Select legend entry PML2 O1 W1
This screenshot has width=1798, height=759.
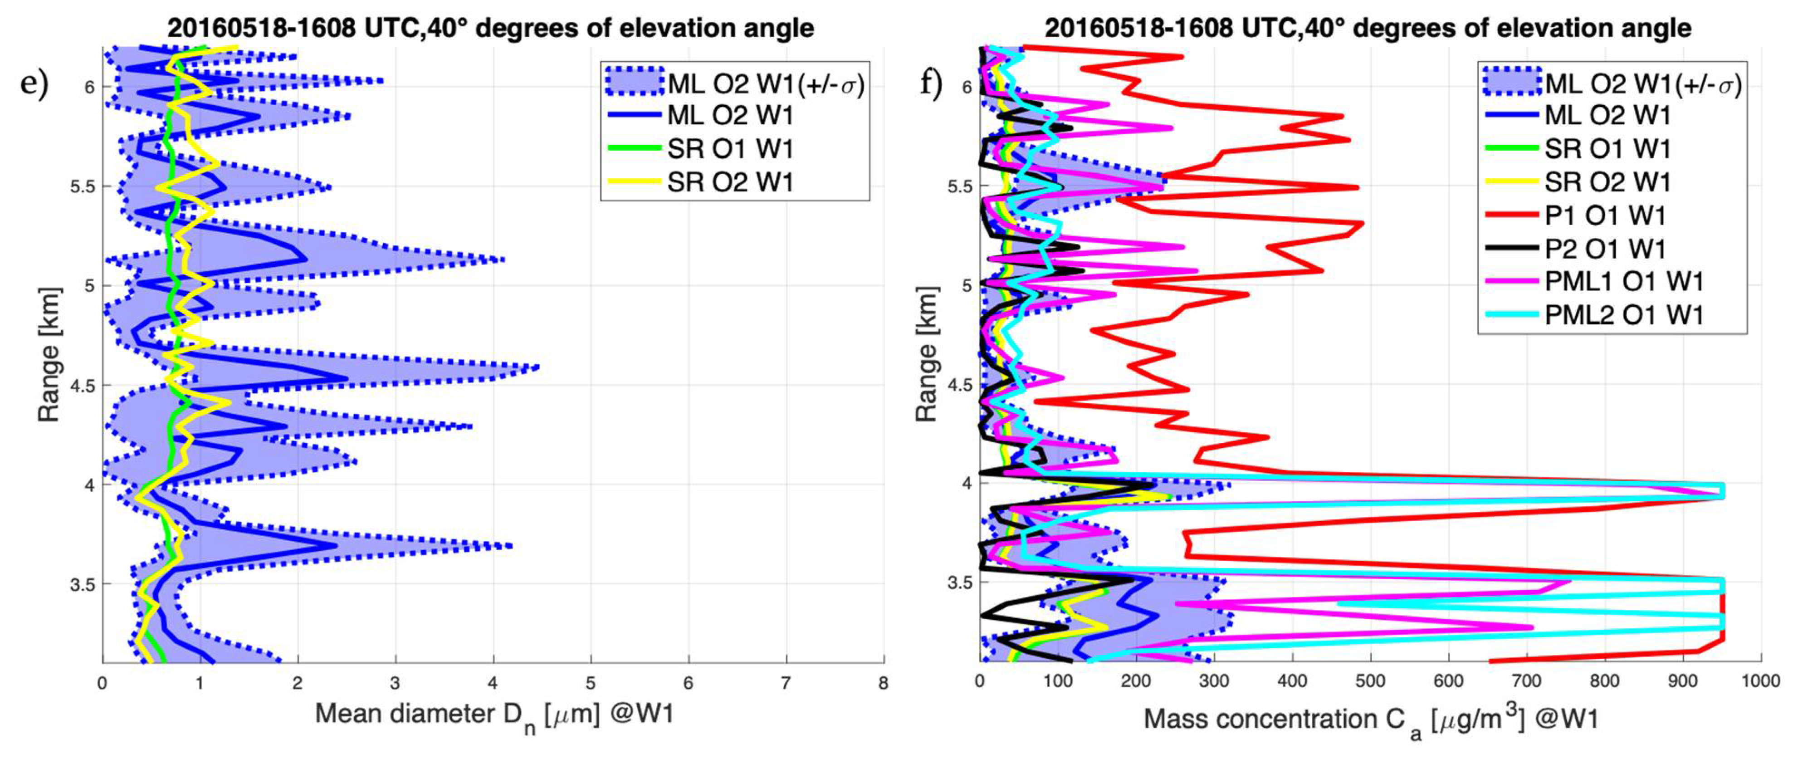[1623, 315]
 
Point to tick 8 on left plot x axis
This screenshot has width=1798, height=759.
[883, 682]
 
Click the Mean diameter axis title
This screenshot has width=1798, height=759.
[494, 715]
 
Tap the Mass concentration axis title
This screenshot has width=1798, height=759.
[1370, 719]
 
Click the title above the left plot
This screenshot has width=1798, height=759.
[490, 28]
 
